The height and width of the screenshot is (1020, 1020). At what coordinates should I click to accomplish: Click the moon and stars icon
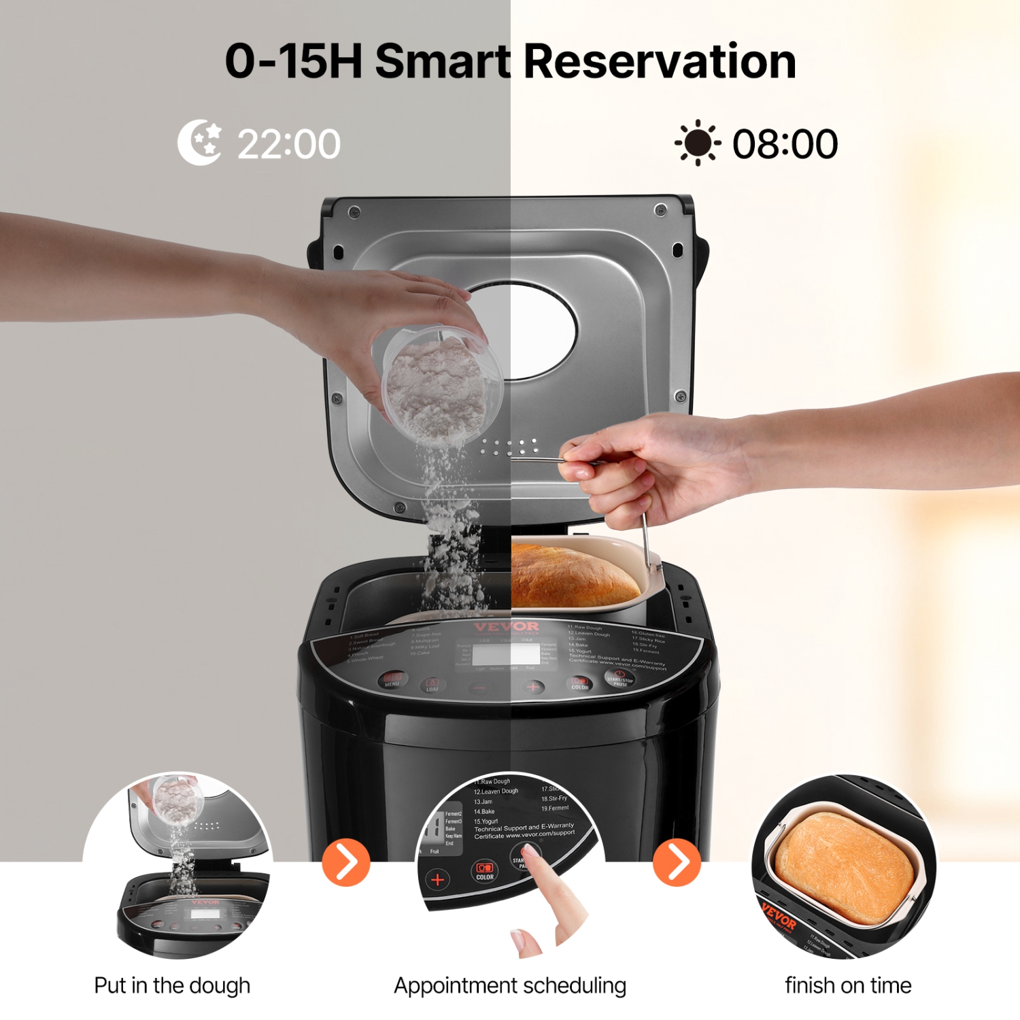click(x=199, y=143)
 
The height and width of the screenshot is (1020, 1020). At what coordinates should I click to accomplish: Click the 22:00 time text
click(x=288, y=144)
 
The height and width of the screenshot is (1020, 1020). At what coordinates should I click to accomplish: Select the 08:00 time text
click(x=785, y=144)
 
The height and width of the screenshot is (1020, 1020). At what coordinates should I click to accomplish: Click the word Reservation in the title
click(x=660, y=61)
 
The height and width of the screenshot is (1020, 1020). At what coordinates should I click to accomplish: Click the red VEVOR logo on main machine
click(x=507, y=626)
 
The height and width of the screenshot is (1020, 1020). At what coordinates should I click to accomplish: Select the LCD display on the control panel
click(x=506, y=654)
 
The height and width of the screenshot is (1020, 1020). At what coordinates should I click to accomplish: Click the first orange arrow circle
click(x=346, y=863)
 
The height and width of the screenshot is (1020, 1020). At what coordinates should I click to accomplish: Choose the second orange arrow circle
click(x=677, y=863)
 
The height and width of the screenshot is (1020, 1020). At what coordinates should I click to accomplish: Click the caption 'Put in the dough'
click(x=172, y=985)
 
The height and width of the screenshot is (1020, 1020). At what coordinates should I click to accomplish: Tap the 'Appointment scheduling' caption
click(x=510, y=985)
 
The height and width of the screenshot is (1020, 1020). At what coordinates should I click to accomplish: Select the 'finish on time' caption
click(x=848, y=985)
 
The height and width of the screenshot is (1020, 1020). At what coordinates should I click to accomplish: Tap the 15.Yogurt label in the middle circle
click(x=486, y=821)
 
